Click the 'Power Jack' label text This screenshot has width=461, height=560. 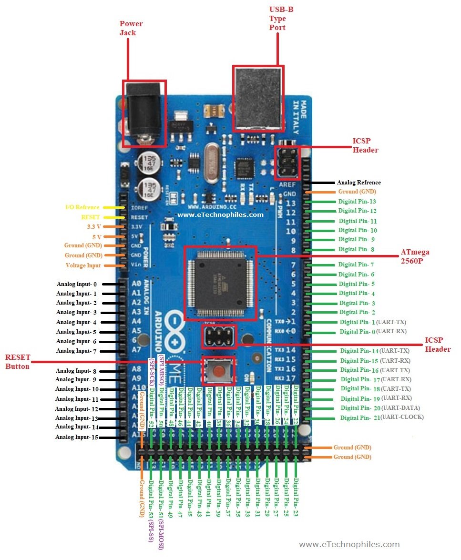(131, 28)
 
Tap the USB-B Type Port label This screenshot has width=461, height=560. (277, 19)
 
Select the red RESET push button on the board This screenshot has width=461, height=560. (219, 370)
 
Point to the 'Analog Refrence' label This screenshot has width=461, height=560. (359, 183)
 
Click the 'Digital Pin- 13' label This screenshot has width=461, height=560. (357, 202)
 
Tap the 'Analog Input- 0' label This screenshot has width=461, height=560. (76, 284)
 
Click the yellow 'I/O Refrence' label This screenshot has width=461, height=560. (82, 207)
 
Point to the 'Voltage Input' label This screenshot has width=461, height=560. (83, 265)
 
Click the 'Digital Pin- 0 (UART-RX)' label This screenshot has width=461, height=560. (373, 331)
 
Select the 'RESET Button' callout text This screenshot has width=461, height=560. (18, 362)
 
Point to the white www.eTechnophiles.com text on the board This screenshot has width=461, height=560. (220, 214)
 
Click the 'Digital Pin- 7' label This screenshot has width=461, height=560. (356, 265)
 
